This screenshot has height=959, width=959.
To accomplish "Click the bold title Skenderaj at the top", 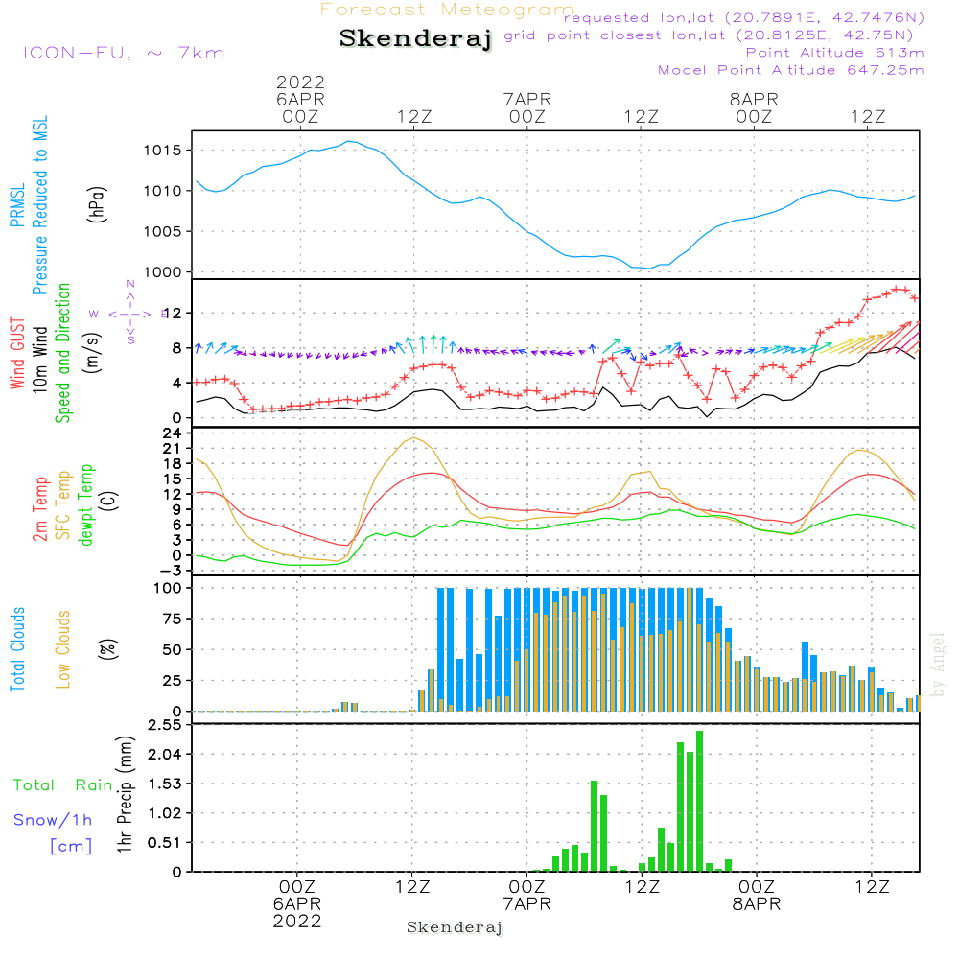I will [415, 39].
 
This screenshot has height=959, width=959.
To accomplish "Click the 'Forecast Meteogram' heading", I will [447, 10].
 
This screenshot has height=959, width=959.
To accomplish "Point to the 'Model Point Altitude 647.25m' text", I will [791, 70].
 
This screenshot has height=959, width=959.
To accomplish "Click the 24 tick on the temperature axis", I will [174, 433].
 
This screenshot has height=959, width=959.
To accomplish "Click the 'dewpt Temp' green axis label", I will [86, 505].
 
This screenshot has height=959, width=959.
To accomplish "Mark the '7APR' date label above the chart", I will [526, 99].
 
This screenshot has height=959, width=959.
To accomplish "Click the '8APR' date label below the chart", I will [756, 903].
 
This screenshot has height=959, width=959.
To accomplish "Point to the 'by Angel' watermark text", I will [939, 664].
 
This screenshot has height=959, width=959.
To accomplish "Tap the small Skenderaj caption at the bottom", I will [455, 927].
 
